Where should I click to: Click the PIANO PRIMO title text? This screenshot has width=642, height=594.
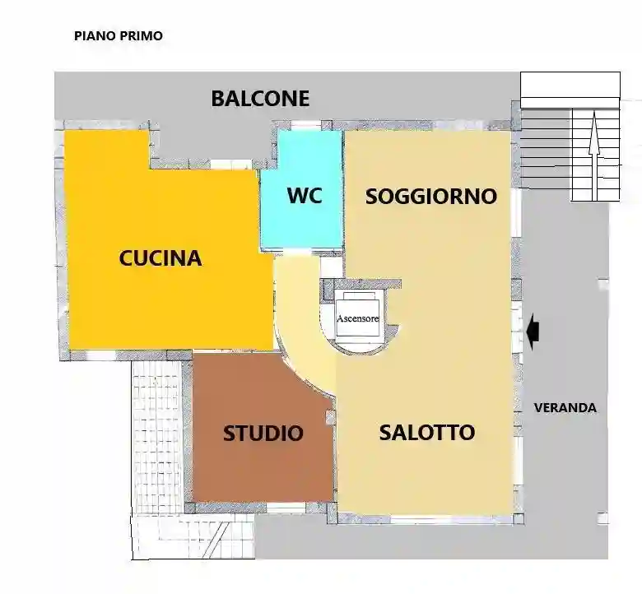point(119,35)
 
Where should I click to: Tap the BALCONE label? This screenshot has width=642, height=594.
point(260,99)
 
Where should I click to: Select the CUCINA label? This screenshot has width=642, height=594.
point(160,258)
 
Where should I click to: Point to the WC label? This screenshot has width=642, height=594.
point(304,197)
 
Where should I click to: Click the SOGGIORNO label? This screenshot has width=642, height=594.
point(431,197)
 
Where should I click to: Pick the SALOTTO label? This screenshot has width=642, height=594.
point(426,433)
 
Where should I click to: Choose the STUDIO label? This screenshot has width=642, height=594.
point(263,434)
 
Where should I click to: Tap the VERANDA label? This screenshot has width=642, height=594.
point(565,407)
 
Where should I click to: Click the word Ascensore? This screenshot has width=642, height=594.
point(358,318)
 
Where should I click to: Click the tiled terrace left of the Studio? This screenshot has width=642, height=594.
point(156,428)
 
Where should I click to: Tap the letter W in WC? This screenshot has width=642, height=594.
point(295,197)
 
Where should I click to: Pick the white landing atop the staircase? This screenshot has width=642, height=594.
point(570,84)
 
